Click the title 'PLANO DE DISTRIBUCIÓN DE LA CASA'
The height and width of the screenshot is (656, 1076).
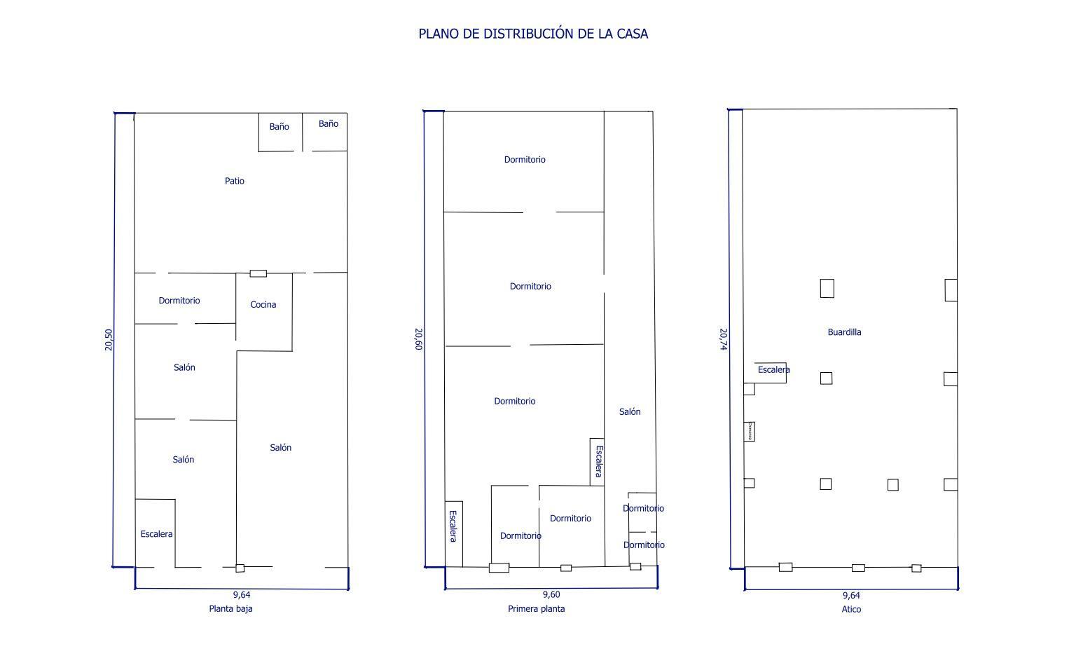pos(533,34)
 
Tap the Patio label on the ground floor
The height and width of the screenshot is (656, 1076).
pos(235,181)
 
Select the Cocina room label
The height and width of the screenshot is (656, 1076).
pos(263,305)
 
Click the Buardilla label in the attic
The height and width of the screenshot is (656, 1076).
pos(844,332)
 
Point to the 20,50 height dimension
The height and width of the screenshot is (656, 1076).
pos(109,340)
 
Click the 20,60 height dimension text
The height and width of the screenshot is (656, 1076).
pos(418,339)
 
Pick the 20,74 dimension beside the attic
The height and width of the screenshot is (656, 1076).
pos(723,339)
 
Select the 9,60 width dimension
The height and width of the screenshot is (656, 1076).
pos(551,595)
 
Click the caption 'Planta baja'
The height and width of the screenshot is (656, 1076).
pos(230,609)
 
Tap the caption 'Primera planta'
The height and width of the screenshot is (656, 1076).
pos(536,609)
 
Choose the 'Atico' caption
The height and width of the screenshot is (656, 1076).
pos(851,610)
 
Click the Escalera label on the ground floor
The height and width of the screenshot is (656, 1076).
pos(156,534)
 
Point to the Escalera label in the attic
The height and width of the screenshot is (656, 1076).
pos(773,370)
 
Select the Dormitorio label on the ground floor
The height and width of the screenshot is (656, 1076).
pos(179,301)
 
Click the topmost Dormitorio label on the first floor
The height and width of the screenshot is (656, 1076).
pos(525,160)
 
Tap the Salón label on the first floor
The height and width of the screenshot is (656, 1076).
pos(630,412)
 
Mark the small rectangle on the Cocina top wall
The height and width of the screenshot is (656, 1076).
pos(258,273)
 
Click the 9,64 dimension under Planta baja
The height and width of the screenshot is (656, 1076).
pos(242,595)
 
